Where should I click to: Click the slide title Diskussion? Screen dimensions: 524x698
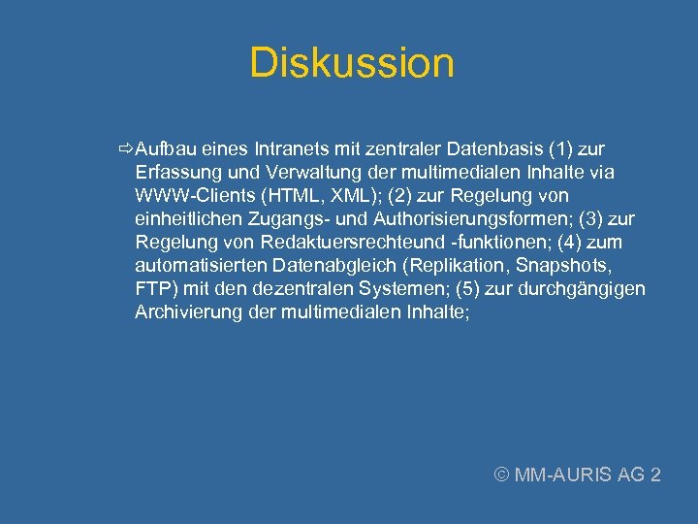(351, 64)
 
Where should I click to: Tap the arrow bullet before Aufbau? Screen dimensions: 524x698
(125, 150)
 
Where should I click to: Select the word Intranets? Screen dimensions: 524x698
(289, 150)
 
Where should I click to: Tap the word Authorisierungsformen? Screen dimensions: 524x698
(442, 219)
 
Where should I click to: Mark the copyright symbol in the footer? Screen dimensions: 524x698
(501, 475)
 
